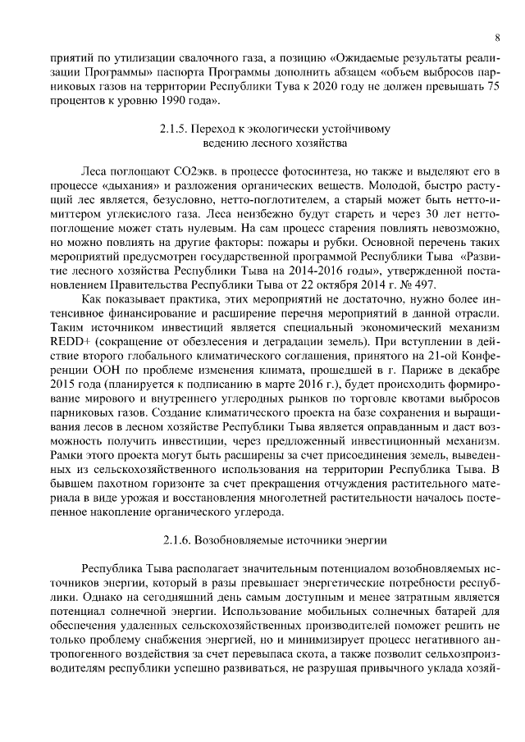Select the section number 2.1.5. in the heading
pyautogui.click(x=176, y=129)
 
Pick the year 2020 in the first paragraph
pyautogui.click(x=338, y=85)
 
